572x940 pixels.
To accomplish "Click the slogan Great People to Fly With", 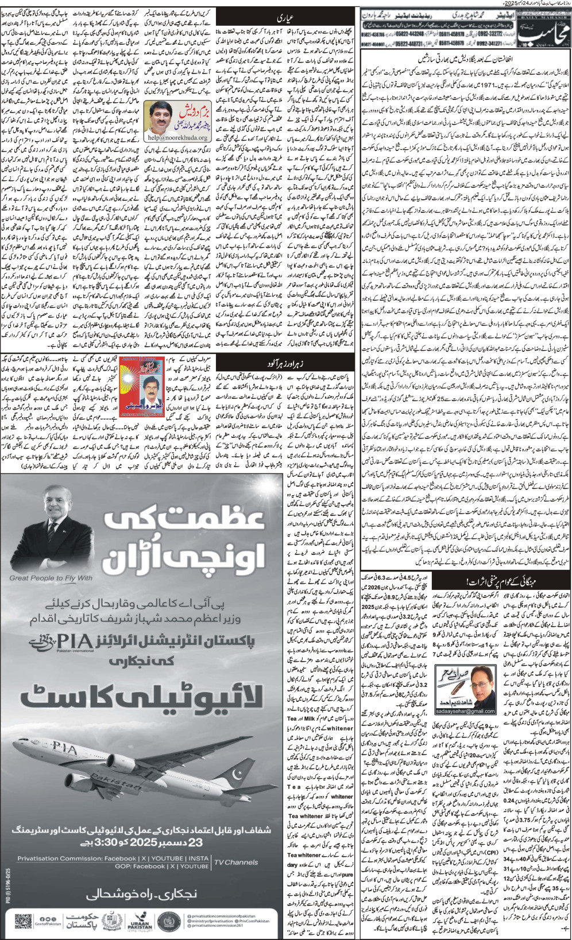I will (51, 578).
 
